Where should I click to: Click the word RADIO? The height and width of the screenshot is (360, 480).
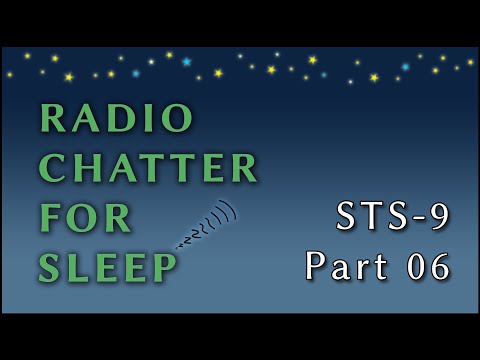(x=116, y=119)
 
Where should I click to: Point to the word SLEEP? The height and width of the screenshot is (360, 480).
(x=109, y=265)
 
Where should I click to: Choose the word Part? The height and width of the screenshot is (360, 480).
(x=344, y=266)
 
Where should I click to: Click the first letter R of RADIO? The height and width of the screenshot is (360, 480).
(x=51, y=119)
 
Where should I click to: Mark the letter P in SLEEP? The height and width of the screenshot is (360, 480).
(x=164, y=265)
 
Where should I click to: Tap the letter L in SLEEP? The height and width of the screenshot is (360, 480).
(x=81, y=265)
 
